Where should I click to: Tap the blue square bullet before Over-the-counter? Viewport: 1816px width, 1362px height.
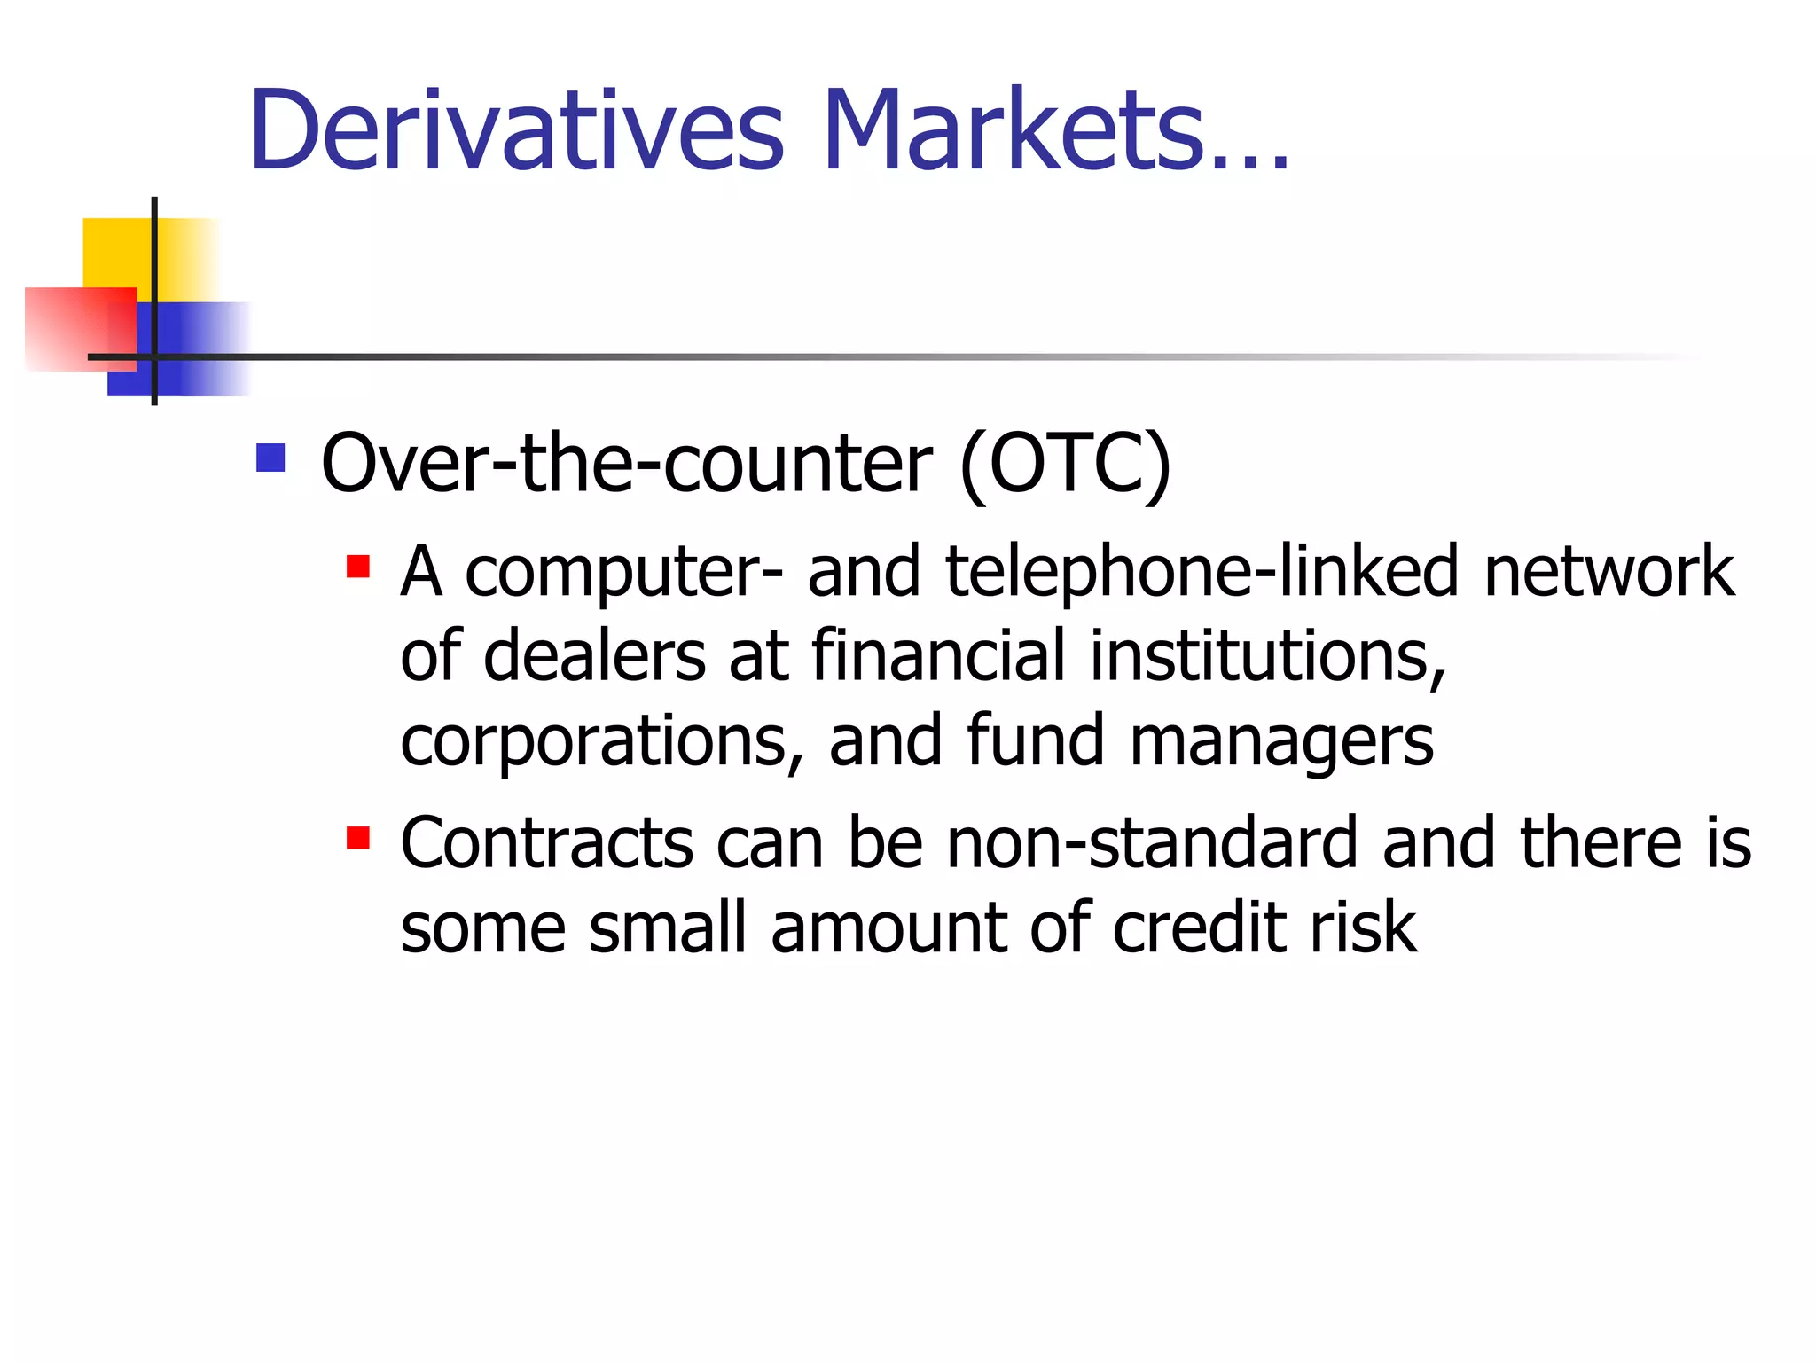point(270,458)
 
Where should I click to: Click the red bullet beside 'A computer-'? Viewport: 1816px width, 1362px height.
point(358,567)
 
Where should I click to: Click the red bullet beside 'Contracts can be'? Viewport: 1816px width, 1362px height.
point(358,838)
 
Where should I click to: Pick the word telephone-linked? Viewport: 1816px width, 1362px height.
point(1202,571)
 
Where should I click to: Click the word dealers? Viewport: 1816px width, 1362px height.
point(594,656)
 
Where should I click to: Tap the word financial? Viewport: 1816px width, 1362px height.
point(938,656)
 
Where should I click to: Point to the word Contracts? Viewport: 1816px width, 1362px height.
point(546,842)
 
